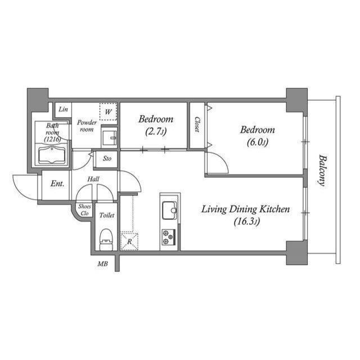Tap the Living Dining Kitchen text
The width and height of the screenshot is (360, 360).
[x=246, y=210]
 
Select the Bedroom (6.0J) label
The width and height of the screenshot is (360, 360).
[x=257, y=136]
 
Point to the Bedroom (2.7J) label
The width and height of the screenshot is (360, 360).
[x=156, y=125]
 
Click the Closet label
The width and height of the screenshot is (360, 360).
[x=197, y=124]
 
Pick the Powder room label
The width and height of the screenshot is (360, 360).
[x=87, y=126]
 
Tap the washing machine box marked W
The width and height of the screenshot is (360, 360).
[x=108, y=111]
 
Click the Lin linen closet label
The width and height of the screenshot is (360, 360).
[x=64, y=109]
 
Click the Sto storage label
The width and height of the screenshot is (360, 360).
[x=107, y=159]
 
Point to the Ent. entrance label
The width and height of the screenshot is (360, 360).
[x=57, y=184]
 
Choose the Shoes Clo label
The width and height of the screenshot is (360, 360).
[x=84, y=209]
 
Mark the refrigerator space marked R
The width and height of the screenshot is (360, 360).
[x=129, y=241]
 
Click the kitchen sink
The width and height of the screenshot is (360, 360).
[x=169, y=210]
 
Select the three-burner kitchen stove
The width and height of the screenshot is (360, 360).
[x=169, y=237]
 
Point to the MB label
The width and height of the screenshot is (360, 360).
[x=103, y=264]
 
